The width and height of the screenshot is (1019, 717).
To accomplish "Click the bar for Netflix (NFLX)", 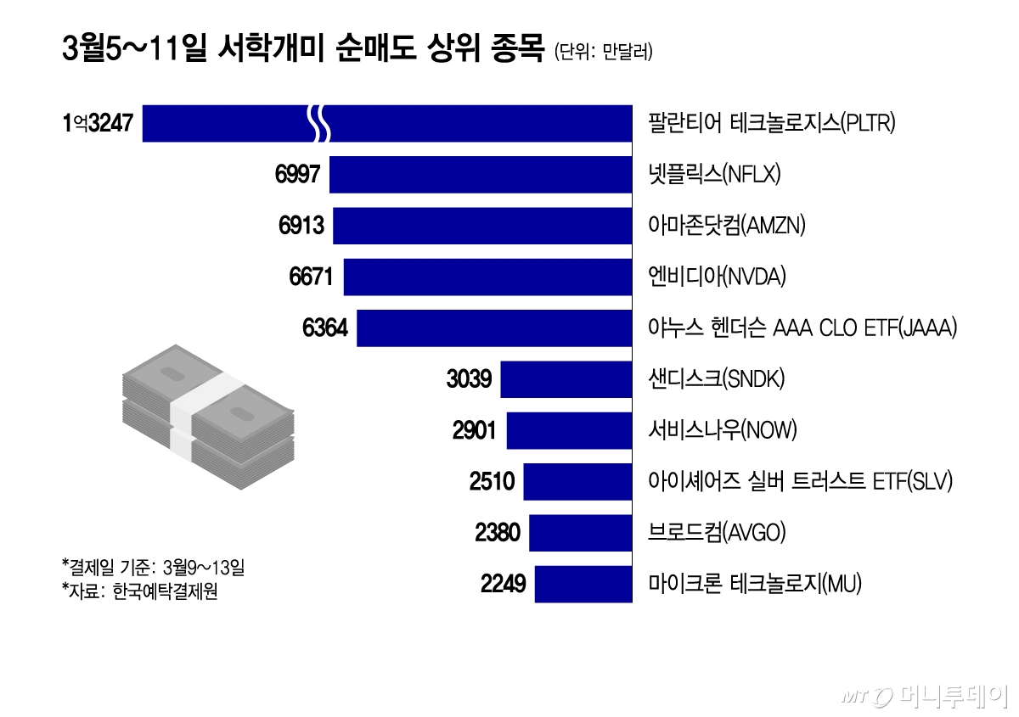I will coord(481,175).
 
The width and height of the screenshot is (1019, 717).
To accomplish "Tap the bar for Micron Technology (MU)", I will coord(583,584).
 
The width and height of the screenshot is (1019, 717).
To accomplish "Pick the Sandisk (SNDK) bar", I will coord(566,379).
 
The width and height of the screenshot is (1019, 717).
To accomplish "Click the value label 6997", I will coord(297,175).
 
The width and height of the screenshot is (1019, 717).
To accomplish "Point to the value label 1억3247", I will coord(98,124).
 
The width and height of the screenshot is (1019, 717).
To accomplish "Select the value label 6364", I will coord(324,328).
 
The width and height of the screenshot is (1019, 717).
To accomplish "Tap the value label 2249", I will coord(503,584).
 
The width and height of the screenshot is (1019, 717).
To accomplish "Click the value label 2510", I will coord(492,482).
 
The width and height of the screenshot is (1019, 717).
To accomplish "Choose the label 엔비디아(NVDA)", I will coord(717,277).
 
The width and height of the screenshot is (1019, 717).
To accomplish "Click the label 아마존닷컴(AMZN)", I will coord(726,226).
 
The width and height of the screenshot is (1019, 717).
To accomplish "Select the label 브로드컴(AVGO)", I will coord(717,533).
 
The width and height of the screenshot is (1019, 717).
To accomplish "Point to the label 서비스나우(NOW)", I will coord(723,431).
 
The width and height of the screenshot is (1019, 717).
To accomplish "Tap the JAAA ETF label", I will coord(802,328).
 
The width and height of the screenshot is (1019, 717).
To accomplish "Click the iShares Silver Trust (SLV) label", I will coord(800,482).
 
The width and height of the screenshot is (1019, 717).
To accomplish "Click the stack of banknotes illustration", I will coord(208,417).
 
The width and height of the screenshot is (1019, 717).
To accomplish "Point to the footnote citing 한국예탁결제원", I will coord(139,591).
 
